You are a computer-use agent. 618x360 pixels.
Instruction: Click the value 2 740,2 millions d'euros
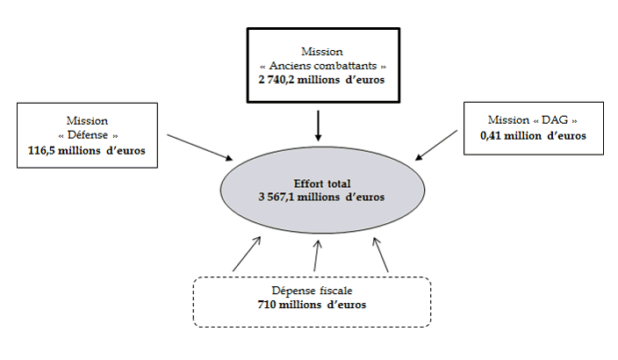coord(323,81)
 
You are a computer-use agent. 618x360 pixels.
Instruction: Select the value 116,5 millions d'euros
coord(86,150)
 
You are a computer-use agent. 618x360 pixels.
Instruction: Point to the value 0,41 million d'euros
coord(533,136)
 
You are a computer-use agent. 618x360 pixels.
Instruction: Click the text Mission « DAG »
coord(533,120)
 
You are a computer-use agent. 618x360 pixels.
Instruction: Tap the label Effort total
coord(321,184)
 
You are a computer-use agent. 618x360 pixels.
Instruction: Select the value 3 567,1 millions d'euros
coord(321,197)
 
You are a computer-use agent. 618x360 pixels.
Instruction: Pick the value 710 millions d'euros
coord(313,305)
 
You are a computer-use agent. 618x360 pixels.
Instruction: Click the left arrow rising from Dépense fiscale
coord(246,254)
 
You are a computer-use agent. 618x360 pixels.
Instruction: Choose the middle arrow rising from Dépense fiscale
coord(315,256)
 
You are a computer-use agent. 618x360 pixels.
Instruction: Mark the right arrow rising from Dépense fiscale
coord(381,254)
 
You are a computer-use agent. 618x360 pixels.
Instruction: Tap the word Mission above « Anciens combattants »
coord(323,52)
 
